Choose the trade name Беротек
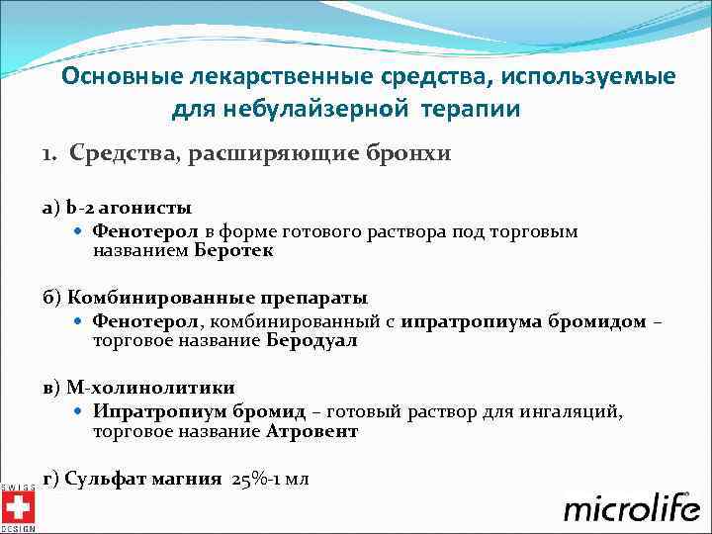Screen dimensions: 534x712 tap(233, 251)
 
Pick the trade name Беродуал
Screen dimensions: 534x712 tap(311, 341)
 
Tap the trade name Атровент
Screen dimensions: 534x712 tap(311, 431)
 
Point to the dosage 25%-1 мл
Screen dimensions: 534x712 tap(270, 480)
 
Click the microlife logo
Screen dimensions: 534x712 tap(628, 507)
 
